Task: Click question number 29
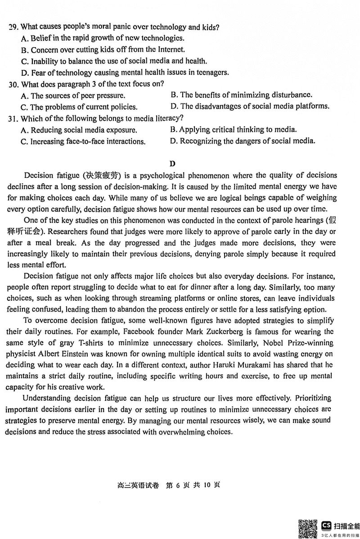click(13, 27)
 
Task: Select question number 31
click(13, 118)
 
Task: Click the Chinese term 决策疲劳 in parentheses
click(98, 176)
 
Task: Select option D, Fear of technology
click(125, 72)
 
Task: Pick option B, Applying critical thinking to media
click(234, 130)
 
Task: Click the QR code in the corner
click(308, 528)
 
